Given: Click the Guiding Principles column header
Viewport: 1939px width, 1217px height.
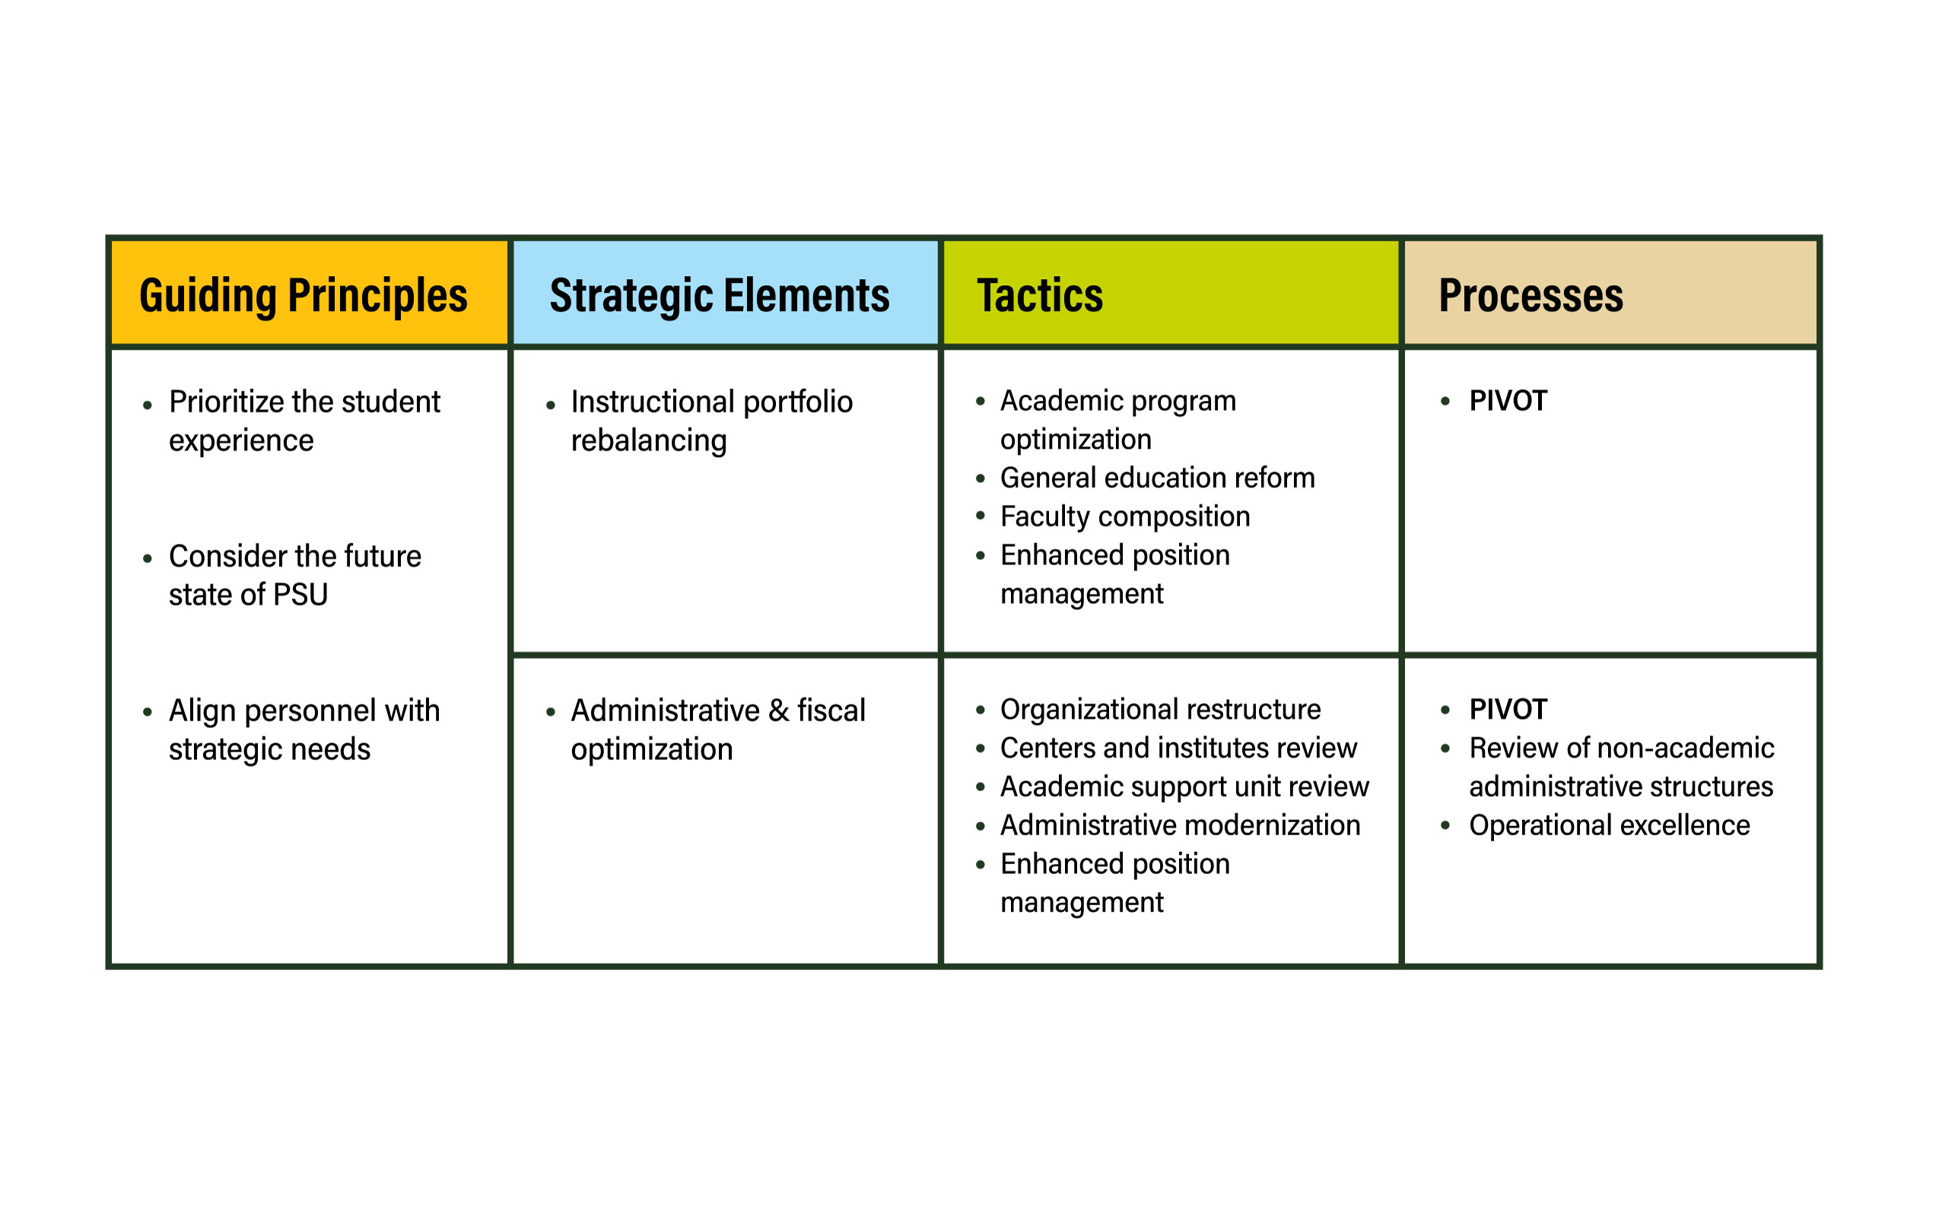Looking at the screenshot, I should [303, 295].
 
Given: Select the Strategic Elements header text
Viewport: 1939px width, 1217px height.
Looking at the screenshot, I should [719, 295].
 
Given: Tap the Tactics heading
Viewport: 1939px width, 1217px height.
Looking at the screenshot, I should [1039, 295].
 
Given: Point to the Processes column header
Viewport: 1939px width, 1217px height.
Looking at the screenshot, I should [1530, 295].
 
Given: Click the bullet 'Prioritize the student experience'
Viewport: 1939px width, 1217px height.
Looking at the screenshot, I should [304, 421].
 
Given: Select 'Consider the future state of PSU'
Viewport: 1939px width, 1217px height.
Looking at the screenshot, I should [294, 576].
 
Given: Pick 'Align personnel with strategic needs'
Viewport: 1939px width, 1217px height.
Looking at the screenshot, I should [304, 730].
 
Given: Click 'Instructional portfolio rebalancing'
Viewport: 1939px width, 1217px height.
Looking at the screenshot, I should [710, 421].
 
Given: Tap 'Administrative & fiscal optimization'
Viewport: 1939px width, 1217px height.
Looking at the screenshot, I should [717, 730].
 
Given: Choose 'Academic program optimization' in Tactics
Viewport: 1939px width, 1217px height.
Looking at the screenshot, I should [1117, 419].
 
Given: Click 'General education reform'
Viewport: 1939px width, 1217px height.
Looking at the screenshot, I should [1157, 478].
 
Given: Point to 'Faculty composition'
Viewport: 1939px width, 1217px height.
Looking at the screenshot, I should [1124, 516].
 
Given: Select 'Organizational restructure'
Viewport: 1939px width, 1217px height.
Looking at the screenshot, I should [1160, 710].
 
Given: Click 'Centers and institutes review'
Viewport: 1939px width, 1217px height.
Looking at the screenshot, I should [1178, 748].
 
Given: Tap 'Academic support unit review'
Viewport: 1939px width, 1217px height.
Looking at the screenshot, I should [1184, 787].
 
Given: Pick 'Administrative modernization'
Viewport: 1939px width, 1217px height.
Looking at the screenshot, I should [1179, 826].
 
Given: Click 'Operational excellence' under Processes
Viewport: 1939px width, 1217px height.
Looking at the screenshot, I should [1609, 826].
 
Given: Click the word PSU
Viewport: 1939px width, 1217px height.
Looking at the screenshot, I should [300, 595].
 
